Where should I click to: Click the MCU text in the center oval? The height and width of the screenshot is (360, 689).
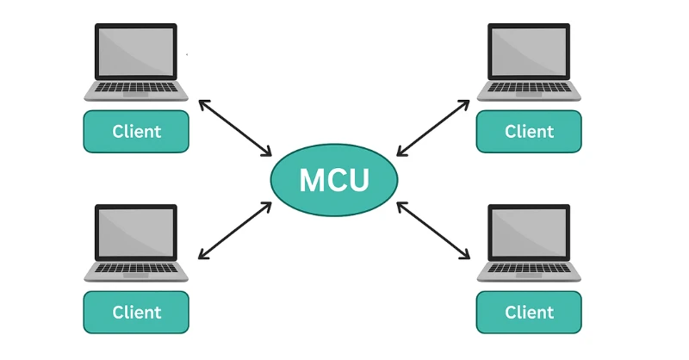(x=334, y=180)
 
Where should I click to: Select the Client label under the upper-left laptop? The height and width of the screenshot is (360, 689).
(x=136, y=132)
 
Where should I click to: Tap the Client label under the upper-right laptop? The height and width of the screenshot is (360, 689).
(x=529, y=132)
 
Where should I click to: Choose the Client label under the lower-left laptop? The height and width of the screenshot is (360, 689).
(x=136, y=312)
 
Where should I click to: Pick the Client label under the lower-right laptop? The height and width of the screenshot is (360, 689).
(x=529, y=312)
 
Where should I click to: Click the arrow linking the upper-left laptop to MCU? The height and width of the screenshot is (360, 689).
(x=235, y=128)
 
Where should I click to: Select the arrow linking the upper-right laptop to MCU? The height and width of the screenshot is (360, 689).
(x=433, y=128)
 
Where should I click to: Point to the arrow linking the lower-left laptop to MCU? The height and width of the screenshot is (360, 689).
(x=235, y=230)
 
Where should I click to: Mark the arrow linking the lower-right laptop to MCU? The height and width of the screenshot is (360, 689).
(x=433, y=230)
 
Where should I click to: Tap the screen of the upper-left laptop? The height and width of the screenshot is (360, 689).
(x=136, y=51)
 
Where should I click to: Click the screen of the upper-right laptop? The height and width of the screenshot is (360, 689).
(x=529, y=51)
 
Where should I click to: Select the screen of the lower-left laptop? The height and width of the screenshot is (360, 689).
(x=136, y=232)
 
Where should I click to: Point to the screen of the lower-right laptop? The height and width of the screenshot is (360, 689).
(x=529, y=232)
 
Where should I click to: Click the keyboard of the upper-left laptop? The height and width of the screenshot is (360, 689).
(x=136, y=88)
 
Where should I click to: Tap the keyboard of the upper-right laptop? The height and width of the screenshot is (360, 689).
(x=529, y=88)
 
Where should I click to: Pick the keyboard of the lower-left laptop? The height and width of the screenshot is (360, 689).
(x=136, y=269)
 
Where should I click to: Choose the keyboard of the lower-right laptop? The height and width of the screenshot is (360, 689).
(x=529, y=269)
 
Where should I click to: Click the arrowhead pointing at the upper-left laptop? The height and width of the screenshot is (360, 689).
(x=202, y=102)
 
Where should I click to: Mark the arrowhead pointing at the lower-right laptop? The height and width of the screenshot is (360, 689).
(x=466, y=256)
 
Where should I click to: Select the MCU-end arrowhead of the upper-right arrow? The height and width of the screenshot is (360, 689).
(x=400, y=153)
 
